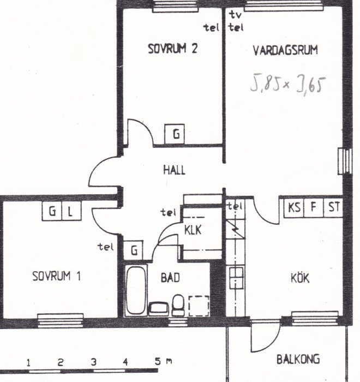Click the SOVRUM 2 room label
(x=173, y=49)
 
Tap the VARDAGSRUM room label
(x=285, y=50)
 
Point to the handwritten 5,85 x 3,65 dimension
(x=288, y=84)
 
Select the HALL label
(x=174, y=170)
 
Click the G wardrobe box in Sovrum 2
(x=175, y=134)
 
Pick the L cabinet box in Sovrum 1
(x=71, y=211)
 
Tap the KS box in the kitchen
(x=294, y=207)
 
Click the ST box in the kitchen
(x=333, y=207)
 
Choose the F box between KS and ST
(x=314, y=207)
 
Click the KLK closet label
(x=193, y=230)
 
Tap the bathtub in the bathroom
(x=136, y=290)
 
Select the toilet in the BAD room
(x=178, y=305)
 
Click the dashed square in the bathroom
(x=199, y=306)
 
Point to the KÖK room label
(x=300, y=278)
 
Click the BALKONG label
(x=298, y=359)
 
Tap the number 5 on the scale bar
(x=158, y=361)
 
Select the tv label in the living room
(x=236, y=15)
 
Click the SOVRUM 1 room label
(x=56, y=276)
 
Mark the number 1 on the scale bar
(x=29, y=363)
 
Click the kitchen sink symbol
(x=236, y=278)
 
